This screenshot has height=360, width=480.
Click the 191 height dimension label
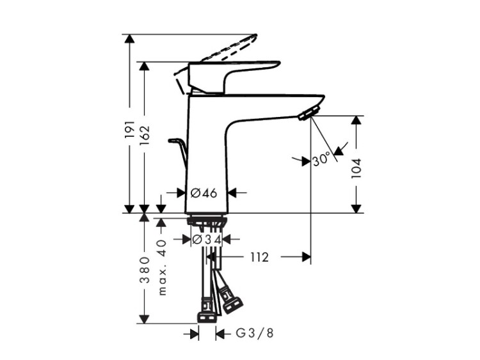130,129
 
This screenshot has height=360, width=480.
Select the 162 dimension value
144,135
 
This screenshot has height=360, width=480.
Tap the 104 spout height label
356,169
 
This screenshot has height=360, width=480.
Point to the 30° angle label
322,160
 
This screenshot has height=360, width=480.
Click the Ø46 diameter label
204,193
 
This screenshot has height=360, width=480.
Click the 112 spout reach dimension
260,257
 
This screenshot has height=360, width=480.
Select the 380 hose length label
144,270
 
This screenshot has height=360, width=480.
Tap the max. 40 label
162,267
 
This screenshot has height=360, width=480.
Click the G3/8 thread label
254,333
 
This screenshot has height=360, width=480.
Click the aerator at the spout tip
309,113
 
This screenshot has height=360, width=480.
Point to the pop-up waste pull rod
178,153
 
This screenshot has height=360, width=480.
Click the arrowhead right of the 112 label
307,257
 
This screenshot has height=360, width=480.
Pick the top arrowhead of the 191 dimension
130,39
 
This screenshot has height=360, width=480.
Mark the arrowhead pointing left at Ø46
233,192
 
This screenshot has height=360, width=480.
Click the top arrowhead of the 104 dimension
356,120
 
